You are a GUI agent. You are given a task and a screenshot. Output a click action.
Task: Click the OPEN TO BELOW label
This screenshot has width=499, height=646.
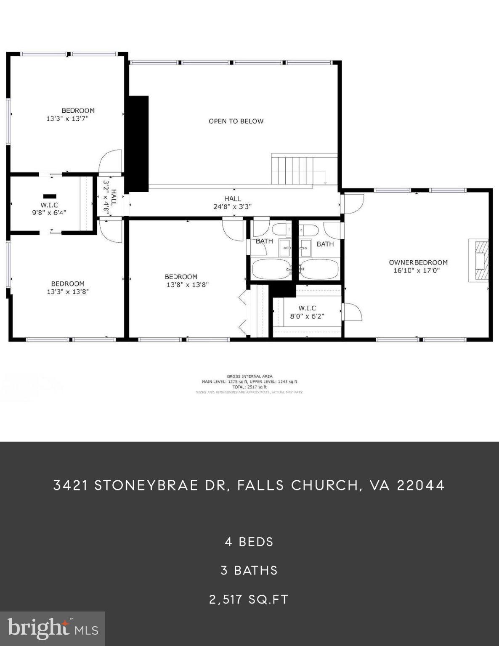coord(236,121)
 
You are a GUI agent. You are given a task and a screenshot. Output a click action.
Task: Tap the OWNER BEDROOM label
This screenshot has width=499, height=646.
coord(418,262)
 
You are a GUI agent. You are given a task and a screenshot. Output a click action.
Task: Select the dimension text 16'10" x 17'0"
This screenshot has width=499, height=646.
coord(417,270)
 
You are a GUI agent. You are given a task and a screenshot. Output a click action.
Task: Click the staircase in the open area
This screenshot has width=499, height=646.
coord(292,169)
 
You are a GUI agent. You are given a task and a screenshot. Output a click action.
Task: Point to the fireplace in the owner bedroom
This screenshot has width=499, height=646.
coord(479,260)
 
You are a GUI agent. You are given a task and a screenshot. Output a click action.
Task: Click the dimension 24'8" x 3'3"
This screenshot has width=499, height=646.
coord(232,207)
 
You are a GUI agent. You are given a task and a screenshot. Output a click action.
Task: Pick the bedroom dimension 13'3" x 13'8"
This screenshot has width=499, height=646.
coord(68,291)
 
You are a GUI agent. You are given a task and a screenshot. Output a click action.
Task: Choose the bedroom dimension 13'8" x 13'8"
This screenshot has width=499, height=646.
coord(188,285)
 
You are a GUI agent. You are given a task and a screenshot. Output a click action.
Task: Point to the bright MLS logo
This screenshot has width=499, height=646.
coord(53,629)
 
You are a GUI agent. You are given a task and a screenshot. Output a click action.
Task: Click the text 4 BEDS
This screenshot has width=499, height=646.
coord(249,542)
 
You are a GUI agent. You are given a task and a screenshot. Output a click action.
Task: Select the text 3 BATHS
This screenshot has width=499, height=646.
coord(249,570)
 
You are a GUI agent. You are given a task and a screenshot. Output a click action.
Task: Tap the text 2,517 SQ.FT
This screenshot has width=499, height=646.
coord(249,599)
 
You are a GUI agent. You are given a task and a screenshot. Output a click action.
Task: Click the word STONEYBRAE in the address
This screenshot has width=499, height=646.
coord(146,485)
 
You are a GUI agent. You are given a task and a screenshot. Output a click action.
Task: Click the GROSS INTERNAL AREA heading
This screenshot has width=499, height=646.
coord(249,376)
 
